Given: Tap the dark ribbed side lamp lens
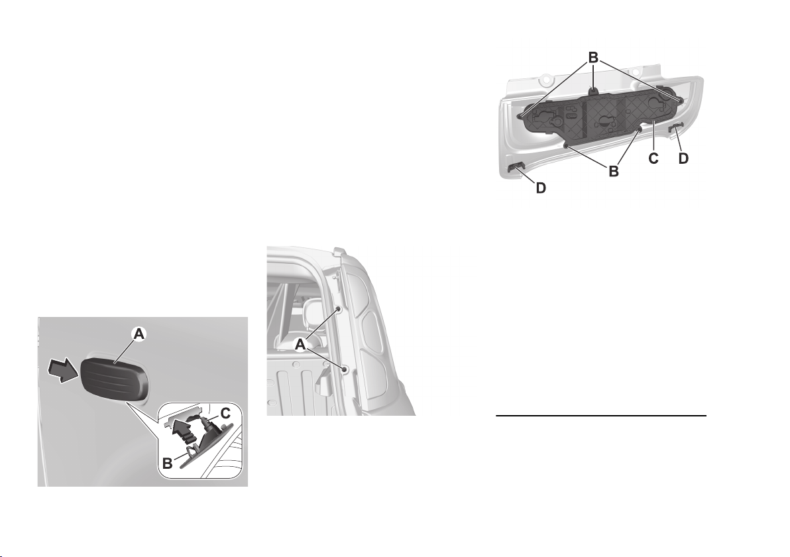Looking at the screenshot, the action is [115, 375].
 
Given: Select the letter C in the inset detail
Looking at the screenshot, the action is [225, 414].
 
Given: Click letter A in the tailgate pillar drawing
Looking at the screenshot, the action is [300, 344].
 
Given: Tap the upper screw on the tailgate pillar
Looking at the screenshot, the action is [339, 309].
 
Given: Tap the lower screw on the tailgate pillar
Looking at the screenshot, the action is [345, 370].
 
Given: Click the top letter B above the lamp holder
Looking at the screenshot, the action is [594, 58].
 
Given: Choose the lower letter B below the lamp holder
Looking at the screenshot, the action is [614, 171].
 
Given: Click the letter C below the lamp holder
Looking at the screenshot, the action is [653, 158].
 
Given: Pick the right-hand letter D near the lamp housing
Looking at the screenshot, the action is [683, 158].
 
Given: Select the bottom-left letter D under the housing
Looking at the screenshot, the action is [541, 188].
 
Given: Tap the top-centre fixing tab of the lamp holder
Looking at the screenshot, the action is [594, 92].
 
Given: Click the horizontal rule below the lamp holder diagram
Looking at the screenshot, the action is [601, 416].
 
